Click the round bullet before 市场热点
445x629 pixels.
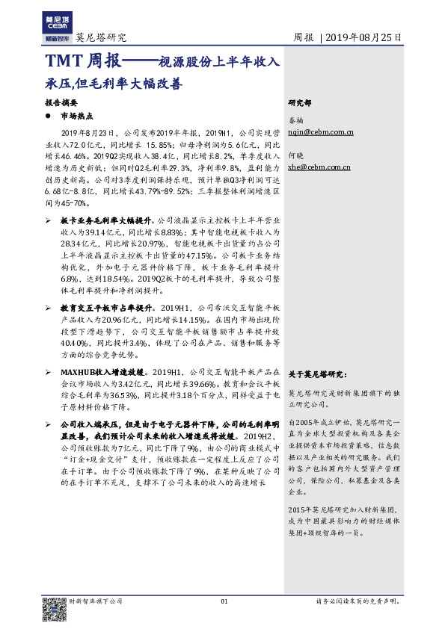49,116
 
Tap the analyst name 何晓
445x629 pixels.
297,158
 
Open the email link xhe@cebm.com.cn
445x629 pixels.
320,169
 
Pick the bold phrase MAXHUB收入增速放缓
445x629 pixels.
102,371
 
